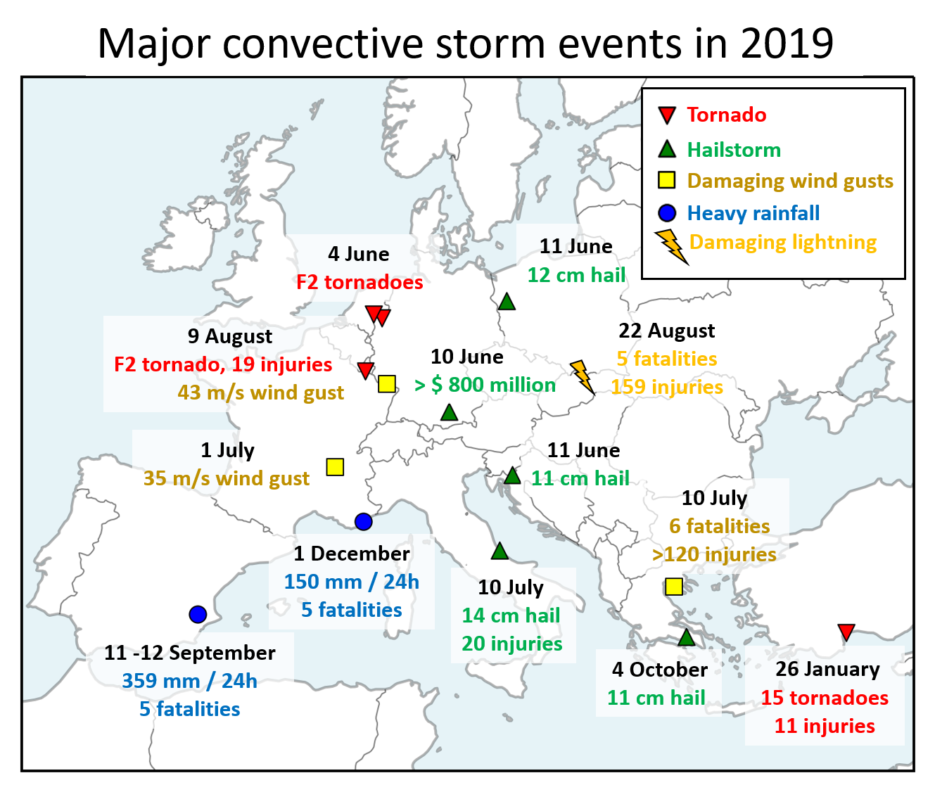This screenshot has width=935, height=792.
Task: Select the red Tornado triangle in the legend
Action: [x=666, y=115]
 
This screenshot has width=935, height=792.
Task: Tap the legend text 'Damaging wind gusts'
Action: [x=789, y=181]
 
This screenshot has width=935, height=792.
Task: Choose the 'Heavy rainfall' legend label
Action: [x=753, y=213]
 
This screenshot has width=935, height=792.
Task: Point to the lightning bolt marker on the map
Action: [x=582, y=376]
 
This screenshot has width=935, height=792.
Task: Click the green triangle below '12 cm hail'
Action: [x=507, y=302]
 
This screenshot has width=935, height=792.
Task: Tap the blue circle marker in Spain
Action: [x=198, y=614]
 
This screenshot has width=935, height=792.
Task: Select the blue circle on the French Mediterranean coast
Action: [x=363, y=521]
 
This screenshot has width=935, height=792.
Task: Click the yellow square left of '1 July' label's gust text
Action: [x=335, y=467]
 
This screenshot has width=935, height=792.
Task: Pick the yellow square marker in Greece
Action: [x=673, y=587]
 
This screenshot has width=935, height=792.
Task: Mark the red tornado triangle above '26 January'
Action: [x=846, y=632]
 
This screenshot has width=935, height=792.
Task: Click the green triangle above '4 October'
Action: [x=686, y=638]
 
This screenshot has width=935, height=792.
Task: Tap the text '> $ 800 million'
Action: [x=485, y=385]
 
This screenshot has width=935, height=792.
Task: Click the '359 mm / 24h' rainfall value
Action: [x=189, y=681]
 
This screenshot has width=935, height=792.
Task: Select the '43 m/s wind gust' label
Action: [x=260, y=392]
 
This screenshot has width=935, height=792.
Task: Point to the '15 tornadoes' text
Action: [x=824, y=698]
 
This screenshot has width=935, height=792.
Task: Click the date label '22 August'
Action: [x=666, y=331]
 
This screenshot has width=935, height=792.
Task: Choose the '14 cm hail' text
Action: [x=511, y=615]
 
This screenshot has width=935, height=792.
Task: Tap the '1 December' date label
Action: [x=351, y=554]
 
